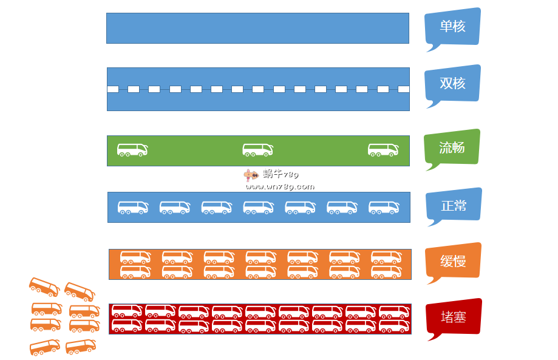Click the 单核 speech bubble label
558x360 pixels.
click(452, 27)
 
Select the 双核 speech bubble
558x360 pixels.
click(453, 84)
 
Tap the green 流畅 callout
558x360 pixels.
click(452, 148)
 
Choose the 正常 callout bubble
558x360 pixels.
click(454, 205)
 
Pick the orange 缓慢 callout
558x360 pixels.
click(454, 262)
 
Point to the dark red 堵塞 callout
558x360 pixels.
click(454, 316)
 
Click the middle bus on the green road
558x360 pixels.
click(258, 150)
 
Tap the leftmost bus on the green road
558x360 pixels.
click(132, 150)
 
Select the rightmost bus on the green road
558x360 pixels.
click(383, 150)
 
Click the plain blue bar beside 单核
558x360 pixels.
click(257, 29)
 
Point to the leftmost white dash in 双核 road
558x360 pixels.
click(113, 89)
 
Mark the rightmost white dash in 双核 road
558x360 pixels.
click(403, 89)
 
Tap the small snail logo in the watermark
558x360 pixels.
click(250, 175)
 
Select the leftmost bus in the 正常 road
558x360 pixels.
click(133, 208)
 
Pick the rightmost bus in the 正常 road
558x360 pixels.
click(384, 208)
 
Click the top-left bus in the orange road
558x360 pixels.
click(135, 257)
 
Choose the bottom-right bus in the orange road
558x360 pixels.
click(386, 271)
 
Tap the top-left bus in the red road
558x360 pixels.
click(127, 311)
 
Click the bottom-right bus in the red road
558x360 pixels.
click(394, 326)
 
